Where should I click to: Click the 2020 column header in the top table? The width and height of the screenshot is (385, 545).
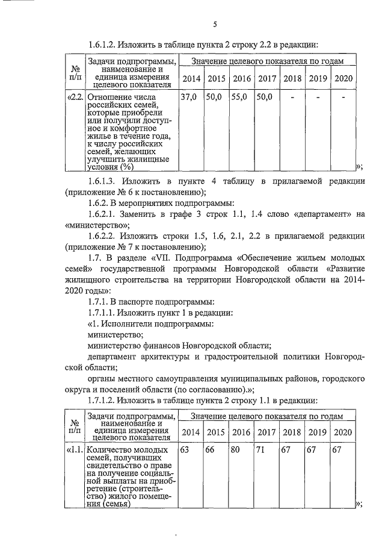coord(343,79)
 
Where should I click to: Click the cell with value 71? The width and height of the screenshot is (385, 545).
coord(261,449)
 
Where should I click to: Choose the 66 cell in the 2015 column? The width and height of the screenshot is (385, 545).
coord(211,449)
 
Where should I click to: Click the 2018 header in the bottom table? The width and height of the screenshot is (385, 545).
coord(292,432)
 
